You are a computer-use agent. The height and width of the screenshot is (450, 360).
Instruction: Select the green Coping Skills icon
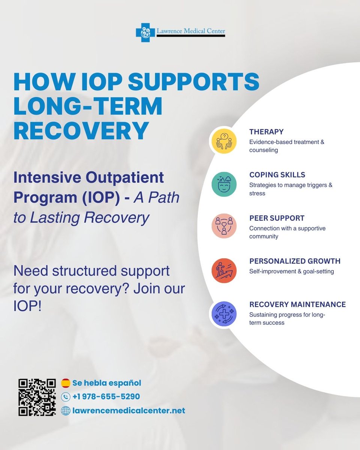tap(224, 184)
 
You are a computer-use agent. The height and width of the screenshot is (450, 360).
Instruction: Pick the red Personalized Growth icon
tap(224, 270)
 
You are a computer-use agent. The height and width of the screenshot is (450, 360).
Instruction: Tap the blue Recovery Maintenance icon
tap(224, 313)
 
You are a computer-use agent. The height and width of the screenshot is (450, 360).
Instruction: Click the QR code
tap(37, 397)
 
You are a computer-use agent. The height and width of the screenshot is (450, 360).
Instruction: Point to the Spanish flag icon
tap(66, 383)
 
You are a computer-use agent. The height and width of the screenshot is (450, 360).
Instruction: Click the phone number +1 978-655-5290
tap(106, 397)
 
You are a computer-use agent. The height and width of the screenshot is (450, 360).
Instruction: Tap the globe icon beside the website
tap(66, 411)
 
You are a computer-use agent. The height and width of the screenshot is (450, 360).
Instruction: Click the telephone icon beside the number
tap(66, 397)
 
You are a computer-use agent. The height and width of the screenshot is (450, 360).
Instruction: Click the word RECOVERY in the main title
tap(81, 130)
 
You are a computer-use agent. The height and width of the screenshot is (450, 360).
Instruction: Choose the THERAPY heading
tap(266, 132)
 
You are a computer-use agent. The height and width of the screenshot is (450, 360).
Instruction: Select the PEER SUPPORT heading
tap(277, 218)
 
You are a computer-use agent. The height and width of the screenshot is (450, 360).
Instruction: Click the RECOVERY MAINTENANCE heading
tap(297, 304)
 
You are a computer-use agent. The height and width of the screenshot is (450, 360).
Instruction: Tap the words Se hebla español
tap(106, 383)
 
